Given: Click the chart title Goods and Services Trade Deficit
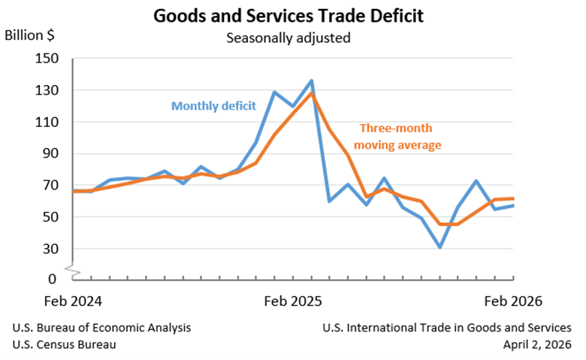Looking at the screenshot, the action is (288, 16).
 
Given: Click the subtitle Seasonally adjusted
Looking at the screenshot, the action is (288, 38).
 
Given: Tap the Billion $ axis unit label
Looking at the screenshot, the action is (29, 35).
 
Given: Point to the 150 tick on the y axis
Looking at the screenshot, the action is (47, 59).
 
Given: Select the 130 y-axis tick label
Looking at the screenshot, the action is (47, 90).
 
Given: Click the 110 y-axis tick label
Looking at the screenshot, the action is (47, 123).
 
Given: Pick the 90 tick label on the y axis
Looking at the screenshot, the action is (51, 153).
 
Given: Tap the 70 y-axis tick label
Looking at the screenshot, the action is (51, 186).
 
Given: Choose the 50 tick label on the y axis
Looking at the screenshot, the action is (51, 217).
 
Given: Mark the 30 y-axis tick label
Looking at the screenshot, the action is (51, 249).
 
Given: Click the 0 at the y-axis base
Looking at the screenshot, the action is (53, 279).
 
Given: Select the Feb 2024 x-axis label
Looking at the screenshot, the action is (73, 301).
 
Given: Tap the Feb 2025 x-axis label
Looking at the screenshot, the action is (293, 301).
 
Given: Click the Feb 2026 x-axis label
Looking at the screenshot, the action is (513, 301).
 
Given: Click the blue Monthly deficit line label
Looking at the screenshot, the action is (213, 106).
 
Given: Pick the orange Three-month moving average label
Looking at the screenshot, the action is (397, 137).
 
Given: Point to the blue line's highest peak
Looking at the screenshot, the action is (311, 80).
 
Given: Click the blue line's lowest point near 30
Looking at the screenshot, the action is (439, 247).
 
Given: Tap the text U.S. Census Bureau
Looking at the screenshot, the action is (65, 344).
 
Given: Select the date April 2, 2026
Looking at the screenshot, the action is (537, 345).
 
